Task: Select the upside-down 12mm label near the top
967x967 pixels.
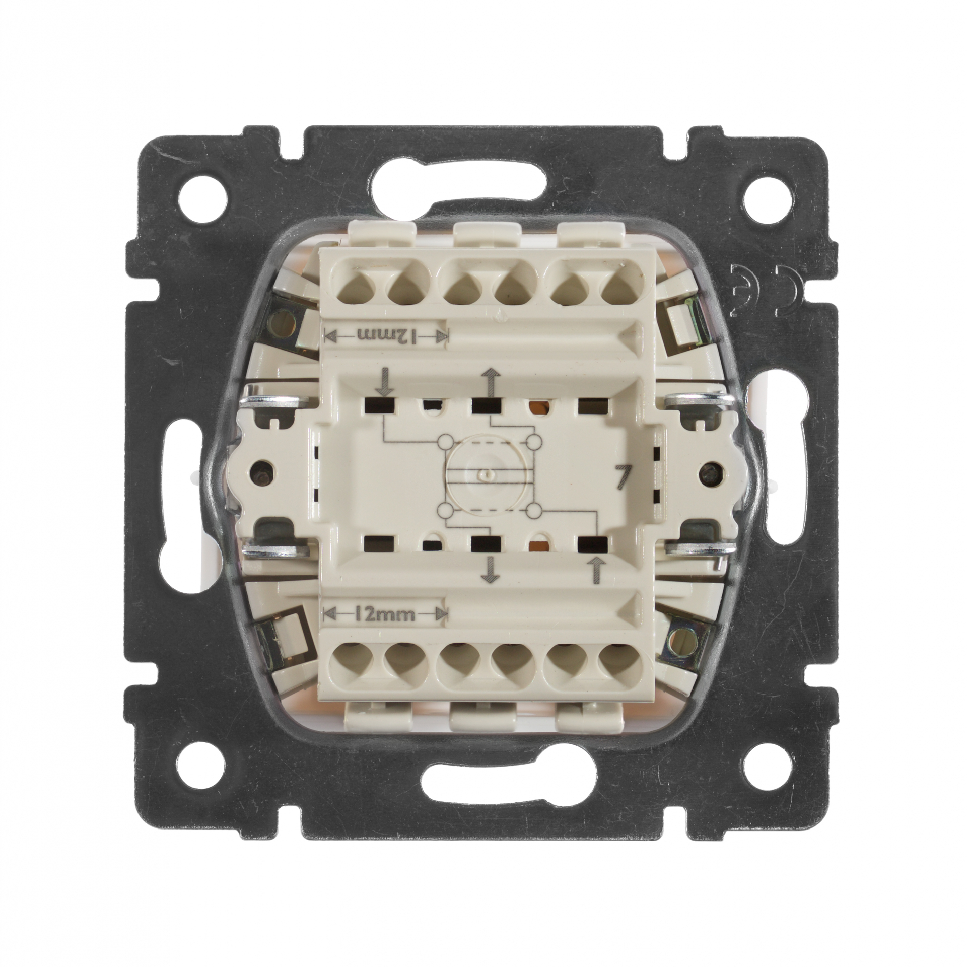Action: (x=385, y=335)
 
